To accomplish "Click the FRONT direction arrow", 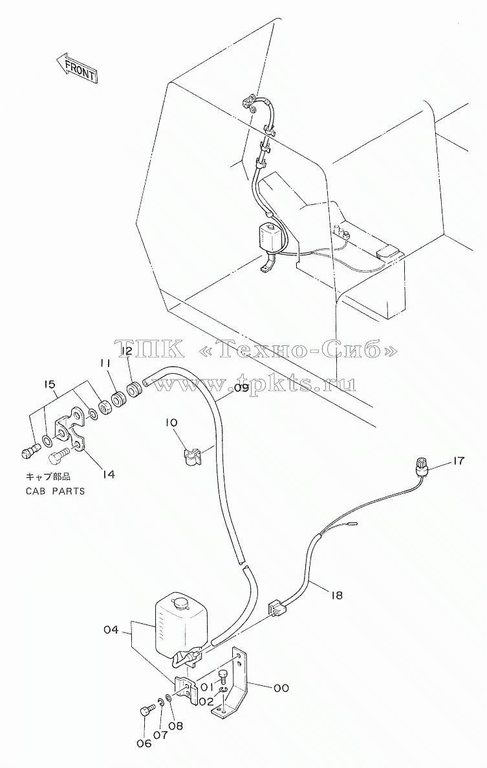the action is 76,68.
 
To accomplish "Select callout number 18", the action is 336,595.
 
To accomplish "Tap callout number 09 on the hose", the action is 241,387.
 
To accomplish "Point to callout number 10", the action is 175,423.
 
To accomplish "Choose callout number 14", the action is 108,474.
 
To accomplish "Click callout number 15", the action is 49,385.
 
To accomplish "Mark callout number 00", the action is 281,688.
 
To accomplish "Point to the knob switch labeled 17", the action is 420,466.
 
